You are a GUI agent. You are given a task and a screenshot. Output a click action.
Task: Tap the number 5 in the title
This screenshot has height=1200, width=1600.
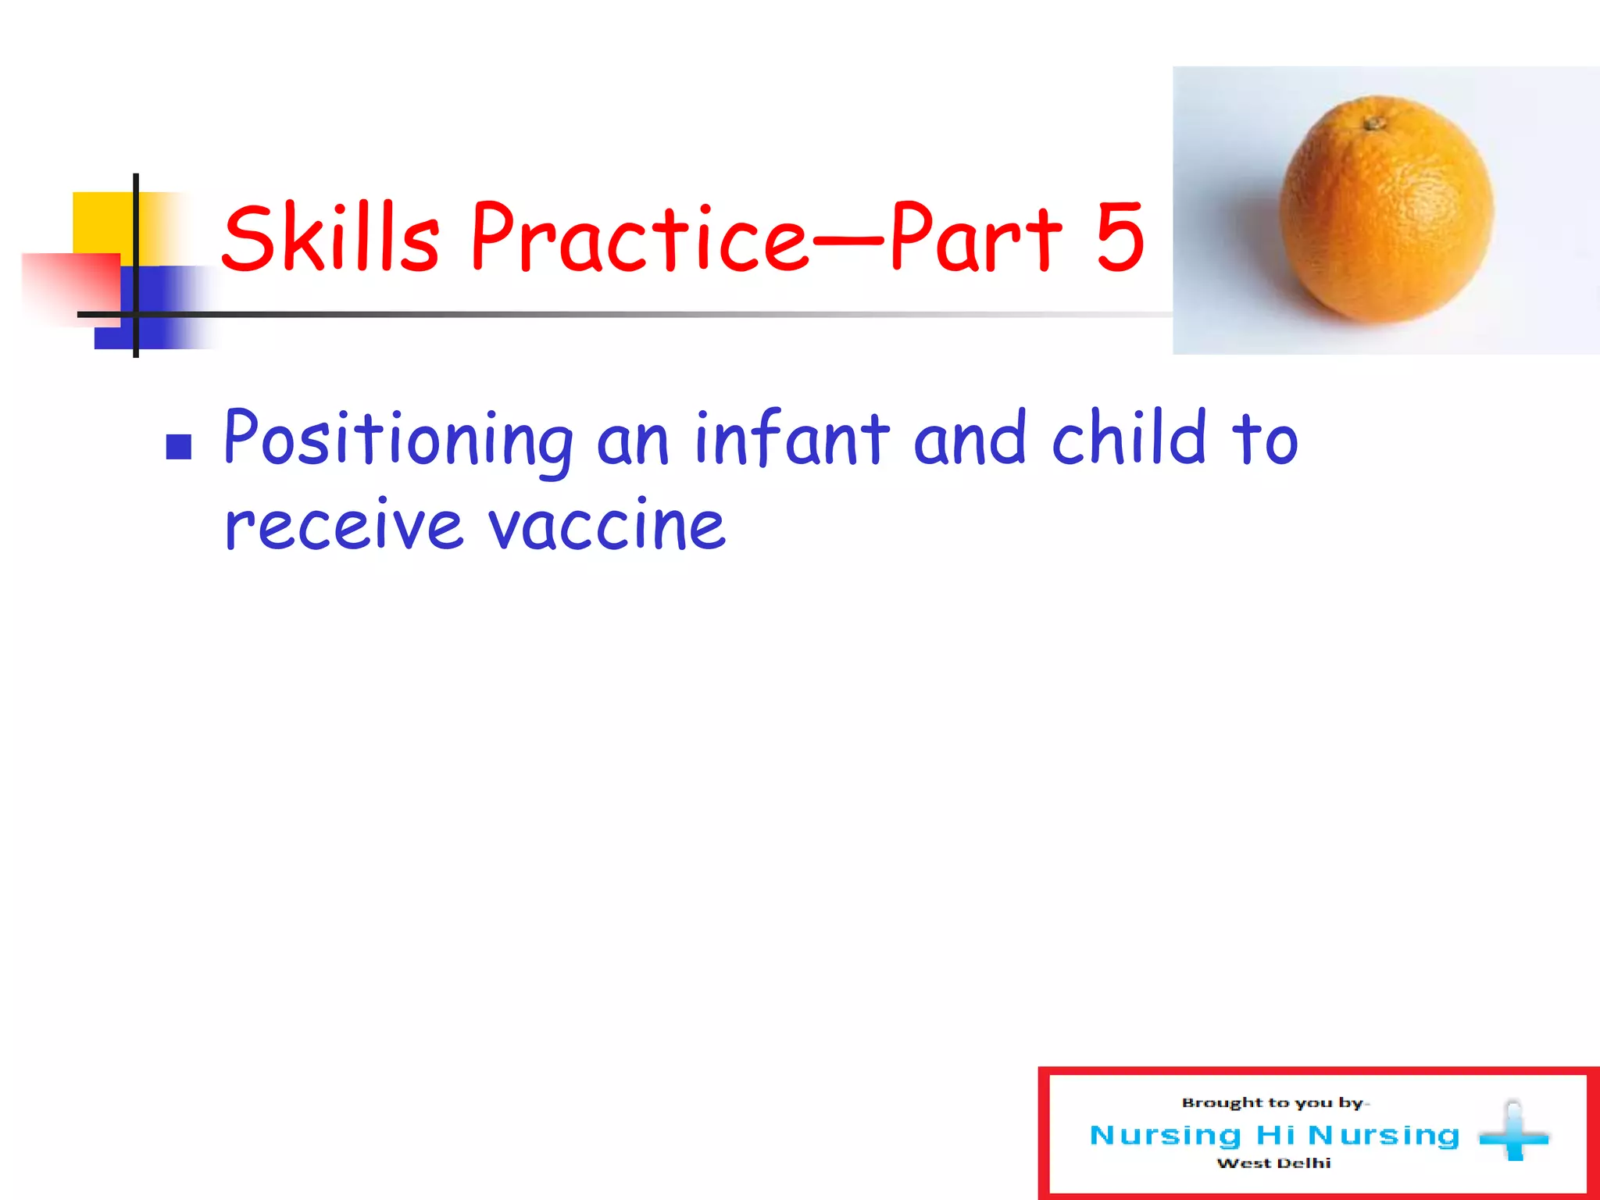tap(1119, 237)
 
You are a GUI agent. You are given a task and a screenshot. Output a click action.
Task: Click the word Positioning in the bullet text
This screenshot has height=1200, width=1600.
tap(398, 439)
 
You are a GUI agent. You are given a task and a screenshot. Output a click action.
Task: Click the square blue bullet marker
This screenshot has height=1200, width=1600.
tap(179, 447)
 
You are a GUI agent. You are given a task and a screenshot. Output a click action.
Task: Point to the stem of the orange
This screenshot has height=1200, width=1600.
tap(1373, 123)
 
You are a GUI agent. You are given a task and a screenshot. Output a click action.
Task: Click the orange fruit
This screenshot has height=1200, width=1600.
tap(1387, 211)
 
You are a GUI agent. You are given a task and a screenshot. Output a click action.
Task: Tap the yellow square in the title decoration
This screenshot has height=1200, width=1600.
tap(102, 223)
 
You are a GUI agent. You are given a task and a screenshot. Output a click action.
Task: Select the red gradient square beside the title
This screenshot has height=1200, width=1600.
tap(70, 285)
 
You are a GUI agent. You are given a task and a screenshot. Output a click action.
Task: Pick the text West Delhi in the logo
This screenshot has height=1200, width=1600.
tap(1273, 1163)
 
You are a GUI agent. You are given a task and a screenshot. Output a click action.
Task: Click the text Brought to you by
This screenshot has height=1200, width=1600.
tap(1273, 1103)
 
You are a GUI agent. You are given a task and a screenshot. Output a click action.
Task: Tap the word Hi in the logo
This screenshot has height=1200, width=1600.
tap(1274, 1134)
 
